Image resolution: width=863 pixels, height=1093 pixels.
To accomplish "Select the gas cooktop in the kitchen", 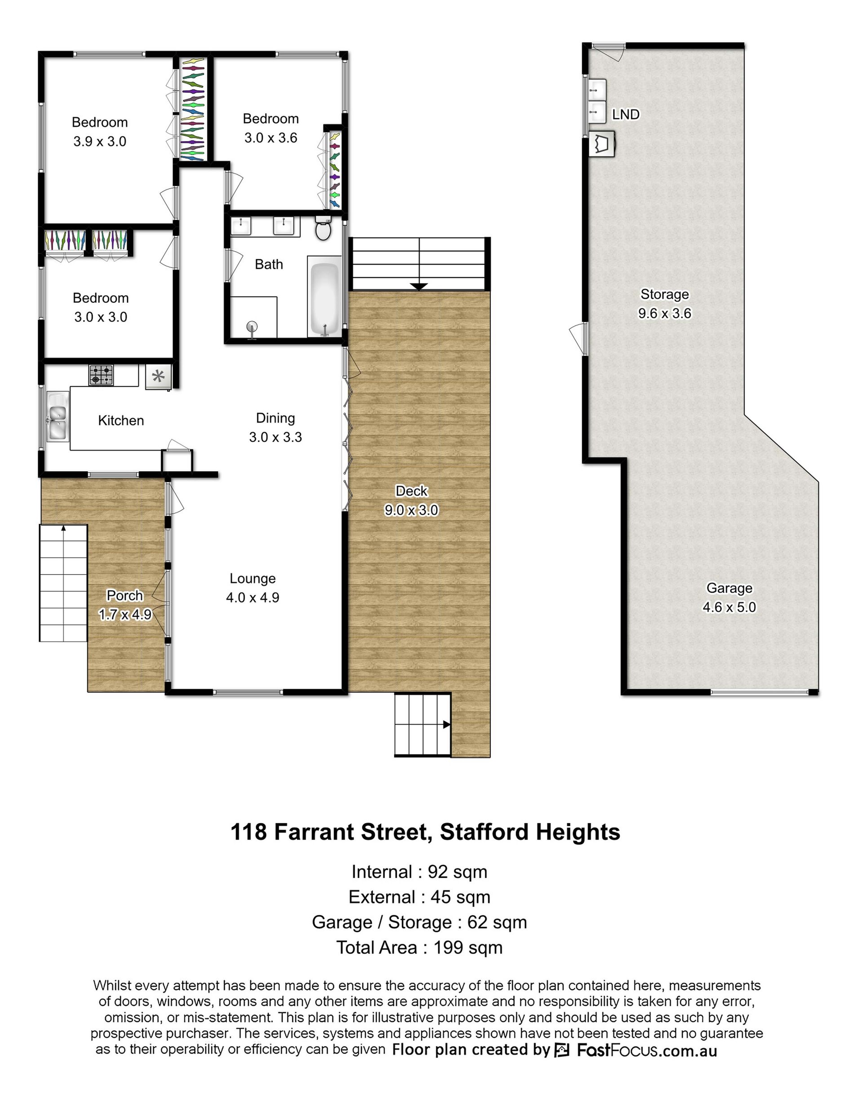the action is (x=102, y=375).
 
